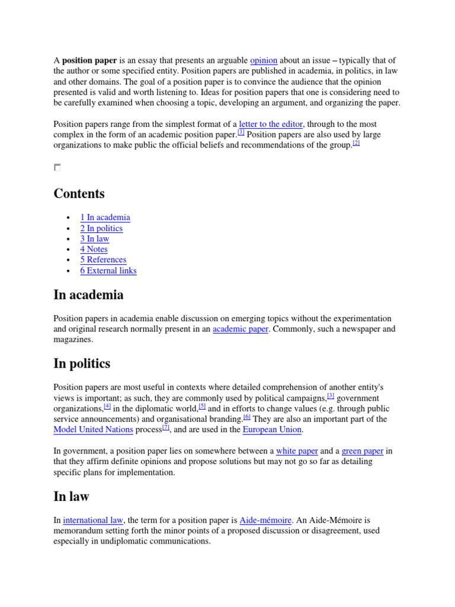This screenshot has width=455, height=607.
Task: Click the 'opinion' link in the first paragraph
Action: click(x=264, y=60)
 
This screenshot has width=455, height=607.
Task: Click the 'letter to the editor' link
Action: click(x=271, y=124)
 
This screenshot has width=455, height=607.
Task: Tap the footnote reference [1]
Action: click(x=241, y=132)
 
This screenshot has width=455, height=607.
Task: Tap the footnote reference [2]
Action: click(x=355, y=143)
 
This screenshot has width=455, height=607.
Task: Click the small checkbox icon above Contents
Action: click(x=57, y=168)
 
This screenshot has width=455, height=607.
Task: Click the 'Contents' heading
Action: click(x=79, y=194)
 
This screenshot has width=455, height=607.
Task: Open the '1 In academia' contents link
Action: click(x=105, y=218)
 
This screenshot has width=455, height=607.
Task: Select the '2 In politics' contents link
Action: click(x=101, y=228)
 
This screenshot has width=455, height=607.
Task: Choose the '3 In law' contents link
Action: click(x=95, y=239)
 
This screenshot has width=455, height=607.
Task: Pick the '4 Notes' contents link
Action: click(x=94, y=250)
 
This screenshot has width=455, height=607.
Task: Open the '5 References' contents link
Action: click(x=103, y=260)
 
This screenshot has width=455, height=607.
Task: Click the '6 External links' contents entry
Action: click(x=108, y=271)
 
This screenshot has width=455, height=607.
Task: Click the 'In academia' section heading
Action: click(x=88, y=295)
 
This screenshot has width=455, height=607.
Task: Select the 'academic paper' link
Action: click(x=241, y=329)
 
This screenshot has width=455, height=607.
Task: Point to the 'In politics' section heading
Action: click(x=82, y=363)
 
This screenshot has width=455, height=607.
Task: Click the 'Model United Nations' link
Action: click(x=93, y=430)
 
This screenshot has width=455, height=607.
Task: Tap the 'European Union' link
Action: click(x=272, y=430)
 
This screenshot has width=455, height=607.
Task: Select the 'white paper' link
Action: click(x=297, y=451)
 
